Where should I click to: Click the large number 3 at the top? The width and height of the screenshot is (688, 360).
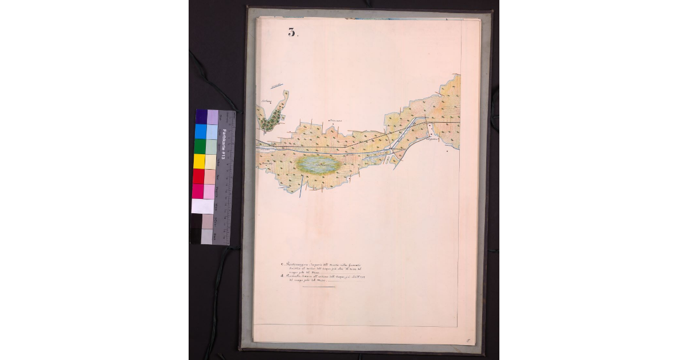292,32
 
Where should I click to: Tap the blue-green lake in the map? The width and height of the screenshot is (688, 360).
319,165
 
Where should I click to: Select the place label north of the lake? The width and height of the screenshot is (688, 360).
334,120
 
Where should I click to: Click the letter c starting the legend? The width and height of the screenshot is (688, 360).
283,265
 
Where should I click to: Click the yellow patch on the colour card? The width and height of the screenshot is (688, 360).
199,162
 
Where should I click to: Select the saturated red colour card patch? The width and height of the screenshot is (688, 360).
199,177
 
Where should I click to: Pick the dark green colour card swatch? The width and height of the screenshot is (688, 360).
200,147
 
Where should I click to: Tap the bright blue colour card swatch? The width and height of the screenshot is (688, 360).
200,132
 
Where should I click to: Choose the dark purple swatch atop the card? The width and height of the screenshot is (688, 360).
201,117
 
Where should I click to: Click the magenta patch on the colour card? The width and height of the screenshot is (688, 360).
198,191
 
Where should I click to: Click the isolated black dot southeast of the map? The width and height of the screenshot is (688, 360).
447,152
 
